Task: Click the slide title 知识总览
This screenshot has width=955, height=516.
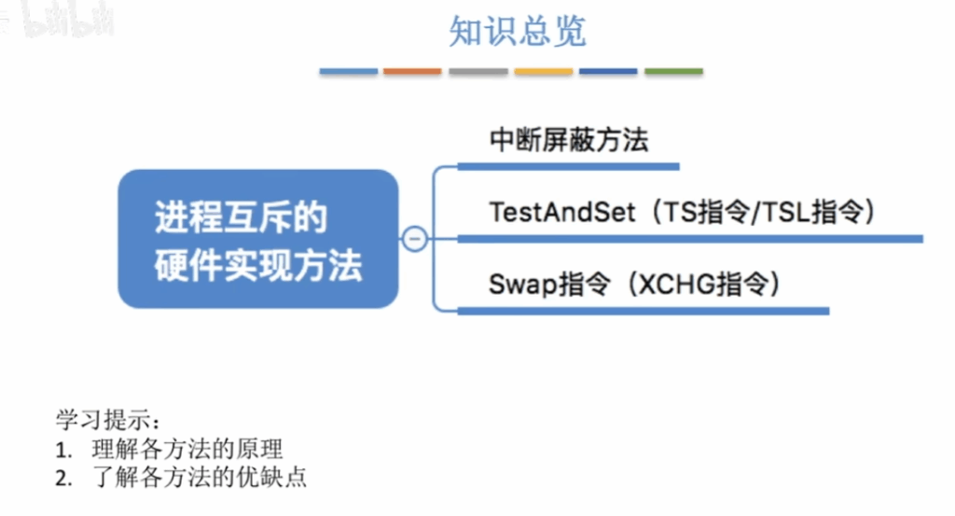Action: (x=517, y=31)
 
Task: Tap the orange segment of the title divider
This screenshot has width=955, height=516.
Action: (x=412, y=71)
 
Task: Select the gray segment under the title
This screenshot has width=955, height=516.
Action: (x=478, y=71)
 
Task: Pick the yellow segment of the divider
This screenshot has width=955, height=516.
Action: (x=544, y=71)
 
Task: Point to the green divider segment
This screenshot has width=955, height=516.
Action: (x=673, y=71)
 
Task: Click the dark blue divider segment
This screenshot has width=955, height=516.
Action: (x=608, y=71)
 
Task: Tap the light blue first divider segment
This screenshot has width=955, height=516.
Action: (x=349, y=71)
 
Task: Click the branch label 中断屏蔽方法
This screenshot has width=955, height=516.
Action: (x=569, y=140)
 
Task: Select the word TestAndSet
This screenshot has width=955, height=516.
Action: (x=562, y=212)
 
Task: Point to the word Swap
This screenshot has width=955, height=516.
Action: (x=523, y=285)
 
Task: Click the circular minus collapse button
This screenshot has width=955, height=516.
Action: (x=415, y=238)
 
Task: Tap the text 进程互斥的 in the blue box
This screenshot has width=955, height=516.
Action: (x=241, y=217)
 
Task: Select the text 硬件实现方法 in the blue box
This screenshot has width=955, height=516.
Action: (x=258, y=265)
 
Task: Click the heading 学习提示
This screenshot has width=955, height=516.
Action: (x=104, y=420)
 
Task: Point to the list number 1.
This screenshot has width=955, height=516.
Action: (x=62, y=450)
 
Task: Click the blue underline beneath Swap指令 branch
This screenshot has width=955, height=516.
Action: (x=644, y=312)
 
